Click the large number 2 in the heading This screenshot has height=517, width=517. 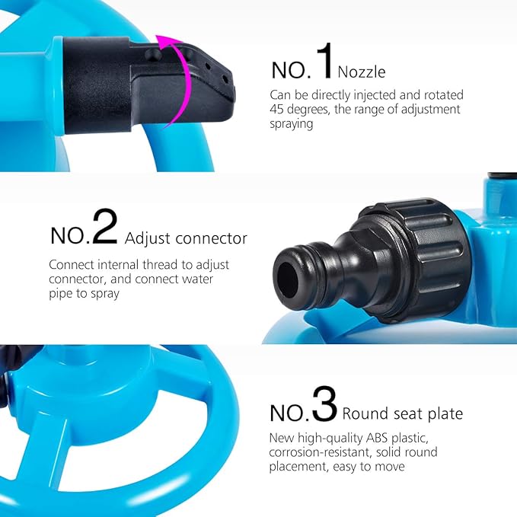(x=105, y=226)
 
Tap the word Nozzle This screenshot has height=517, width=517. (x=362, y=72)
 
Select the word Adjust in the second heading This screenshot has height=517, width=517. (x=148, y=238)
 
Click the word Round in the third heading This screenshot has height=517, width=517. (x=364, y=414)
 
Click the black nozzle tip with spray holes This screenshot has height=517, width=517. (x=209, y=76)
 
